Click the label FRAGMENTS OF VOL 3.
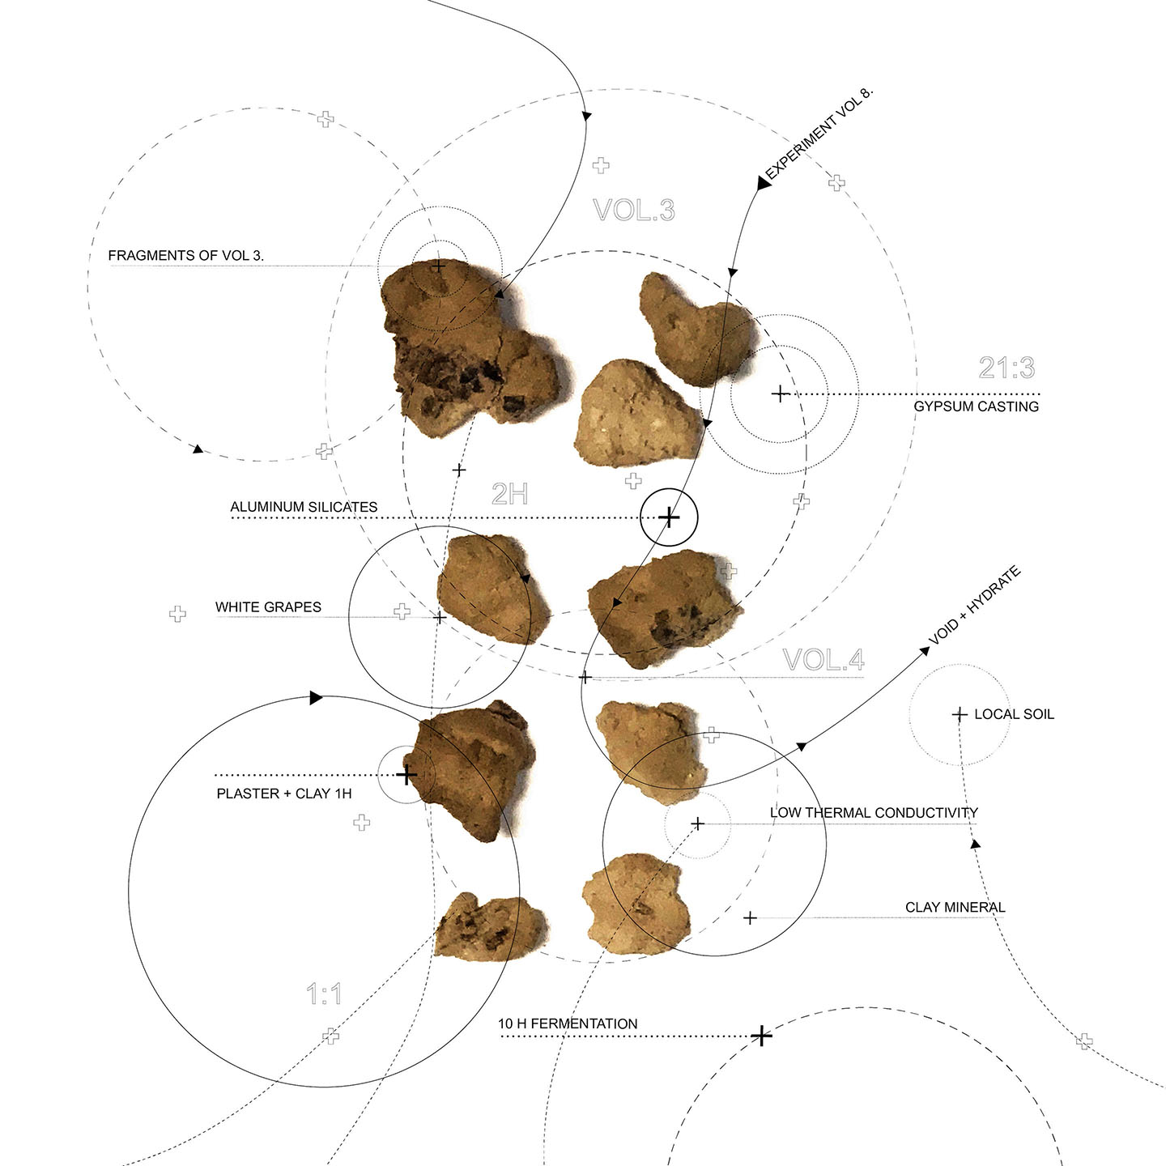[x=185, y=255]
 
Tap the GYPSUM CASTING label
[x=976, y=406]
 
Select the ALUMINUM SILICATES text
[x=304, y=507]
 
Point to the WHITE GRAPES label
[x=268, y=607]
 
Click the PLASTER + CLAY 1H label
[x=283, y=794]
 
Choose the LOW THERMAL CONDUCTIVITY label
[x=874, y=813]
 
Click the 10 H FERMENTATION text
[x=568, y=1023]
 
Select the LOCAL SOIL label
[x=1014, y=714]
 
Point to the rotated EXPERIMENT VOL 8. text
[x=819, y=134]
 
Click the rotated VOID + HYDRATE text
[x=974, y=605]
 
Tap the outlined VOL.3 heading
[x=633, y=210]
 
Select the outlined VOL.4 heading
[x=823, y=660]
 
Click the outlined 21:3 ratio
[x=1006, y=368]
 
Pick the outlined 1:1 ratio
[x=324, y=994]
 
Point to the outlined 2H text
[x=509, y=494]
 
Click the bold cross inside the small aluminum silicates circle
[x=669, y=517]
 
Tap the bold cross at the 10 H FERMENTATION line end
[x=761, y=1036]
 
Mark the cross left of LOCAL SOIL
[x=959, y=715]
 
